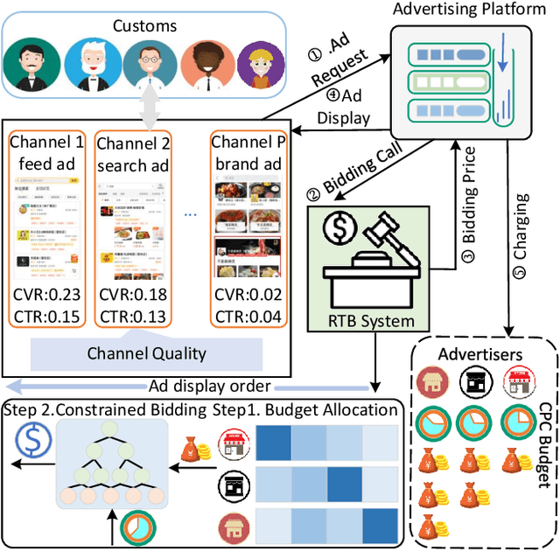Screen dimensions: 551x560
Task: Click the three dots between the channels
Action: click(190, 214)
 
